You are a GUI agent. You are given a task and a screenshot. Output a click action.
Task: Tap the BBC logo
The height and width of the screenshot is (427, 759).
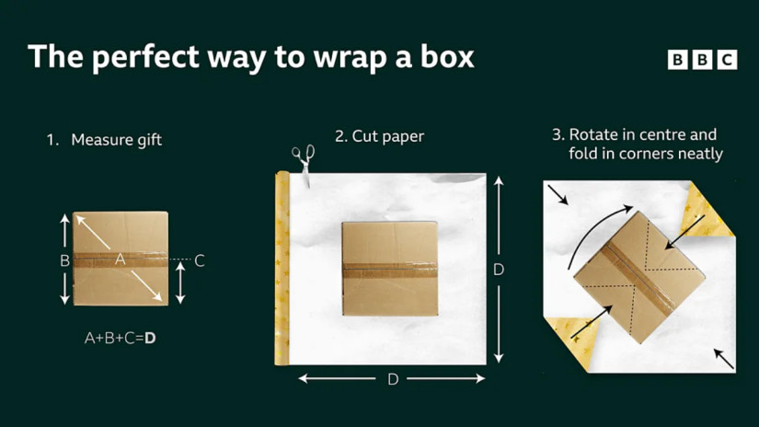702,60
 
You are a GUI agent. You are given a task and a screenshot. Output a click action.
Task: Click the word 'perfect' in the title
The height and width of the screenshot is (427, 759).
145,58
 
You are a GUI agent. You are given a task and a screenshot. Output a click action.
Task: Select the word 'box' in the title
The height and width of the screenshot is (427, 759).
447,57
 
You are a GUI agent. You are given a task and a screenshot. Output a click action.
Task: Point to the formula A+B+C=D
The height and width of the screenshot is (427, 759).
120,338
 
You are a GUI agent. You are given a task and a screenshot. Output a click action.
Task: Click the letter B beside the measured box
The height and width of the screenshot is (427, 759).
65,261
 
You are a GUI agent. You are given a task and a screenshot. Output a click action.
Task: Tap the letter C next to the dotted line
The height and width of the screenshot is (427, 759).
200,261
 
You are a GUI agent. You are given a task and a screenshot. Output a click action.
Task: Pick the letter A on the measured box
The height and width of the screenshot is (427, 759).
120,260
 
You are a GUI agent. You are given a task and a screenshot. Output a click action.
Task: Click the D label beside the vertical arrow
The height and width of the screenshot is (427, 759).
499,270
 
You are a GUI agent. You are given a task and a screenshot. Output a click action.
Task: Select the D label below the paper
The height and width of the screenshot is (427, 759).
393,379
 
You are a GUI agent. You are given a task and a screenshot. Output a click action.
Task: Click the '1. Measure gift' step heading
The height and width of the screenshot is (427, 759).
104,140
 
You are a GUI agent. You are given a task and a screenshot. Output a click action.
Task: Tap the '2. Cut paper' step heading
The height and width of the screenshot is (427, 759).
379,136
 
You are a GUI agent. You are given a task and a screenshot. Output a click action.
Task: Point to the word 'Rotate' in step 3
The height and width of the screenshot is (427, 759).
593,134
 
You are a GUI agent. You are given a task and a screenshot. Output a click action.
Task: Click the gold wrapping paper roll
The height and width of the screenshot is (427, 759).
282,268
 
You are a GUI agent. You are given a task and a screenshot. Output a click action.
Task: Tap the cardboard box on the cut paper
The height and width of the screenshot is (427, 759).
390,269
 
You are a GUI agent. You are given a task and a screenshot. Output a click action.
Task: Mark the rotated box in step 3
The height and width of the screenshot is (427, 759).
639,277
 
